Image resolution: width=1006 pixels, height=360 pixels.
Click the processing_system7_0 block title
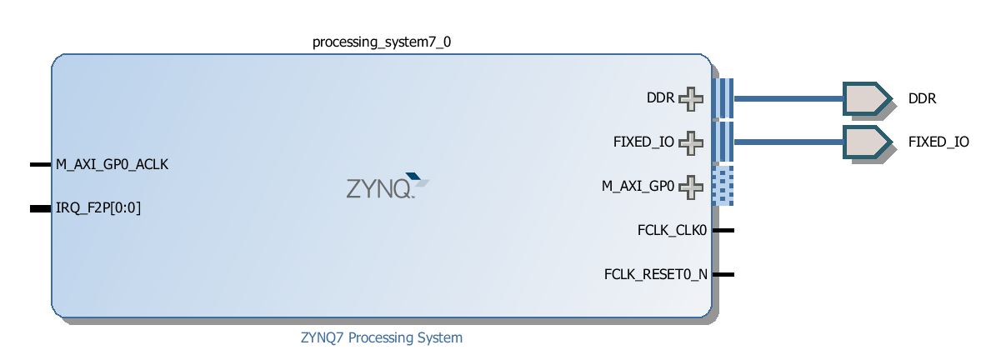(x=381, y=41)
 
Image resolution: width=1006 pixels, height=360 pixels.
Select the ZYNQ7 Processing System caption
(x=381, y=337)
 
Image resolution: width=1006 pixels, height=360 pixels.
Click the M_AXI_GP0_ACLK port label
(x=113, y=165)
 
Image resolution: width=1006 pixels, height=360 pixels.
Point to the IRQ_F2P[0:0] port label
(x=98, y=208)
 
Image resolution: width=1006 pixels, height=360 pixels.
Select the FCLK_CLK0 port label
(x=672, y=230)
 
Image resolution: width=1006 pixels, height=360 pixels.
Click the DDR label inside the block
(x=660, y=98)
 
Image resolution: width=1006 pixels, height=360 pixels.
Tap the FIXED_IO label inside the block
(x=643, y=142)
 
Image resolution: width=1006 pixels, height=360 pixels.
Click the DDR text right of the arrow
(x=923, y=98)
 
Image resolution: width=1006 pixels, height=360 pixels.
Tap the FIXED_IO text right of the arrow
(x=938, y=142)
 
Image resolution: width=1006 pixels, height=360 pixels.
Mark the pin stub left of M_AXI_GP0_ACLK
(x=40, y=165)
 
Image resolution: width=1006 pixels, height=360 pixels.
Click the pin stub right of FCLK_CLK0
(x=723, y=230)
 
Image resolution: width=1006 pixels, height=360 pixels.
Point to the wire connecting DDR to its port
(x=788, y=98)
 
